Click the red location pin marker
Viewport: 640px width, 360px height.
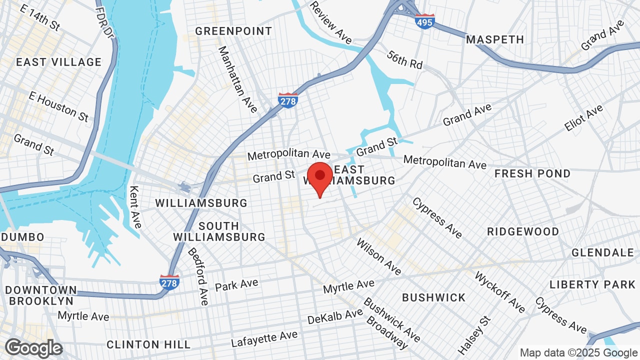(x=320, y=177)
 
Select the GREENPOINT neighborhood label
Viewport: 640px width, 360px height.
(x=233, y=31)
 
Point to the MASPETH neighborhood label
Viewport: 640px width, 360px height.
(x=495, y=39)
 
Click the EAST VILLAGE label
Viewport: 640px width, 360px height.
(x=58, y=62)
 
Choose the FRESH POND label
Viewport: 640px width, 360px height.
(x=532, y=173)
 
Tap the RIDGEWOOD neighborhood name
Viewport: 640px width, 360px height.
(x=523, y=231)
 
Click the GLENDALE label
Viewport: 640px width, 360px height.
(x=603, y=252)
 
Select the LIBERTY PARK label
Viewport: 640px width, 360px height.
(x=592, y=284)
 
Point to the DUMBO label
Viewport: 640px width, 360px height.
(x=23, y=236)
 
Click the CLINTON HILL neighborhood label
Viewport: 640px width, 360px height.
(x=148, y=344)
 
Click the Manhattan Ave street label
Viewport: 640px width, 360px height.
(x=237, y=79)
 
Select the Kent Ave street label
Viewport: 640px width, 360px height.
(x=135, y=206)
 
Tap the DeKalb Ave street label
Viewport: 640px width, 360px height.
(x=335, y=316)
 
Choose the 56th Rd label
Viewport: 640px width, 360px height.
(x=404, y=59)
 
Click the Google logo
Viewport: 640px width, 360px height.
(x=33, y=348)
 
